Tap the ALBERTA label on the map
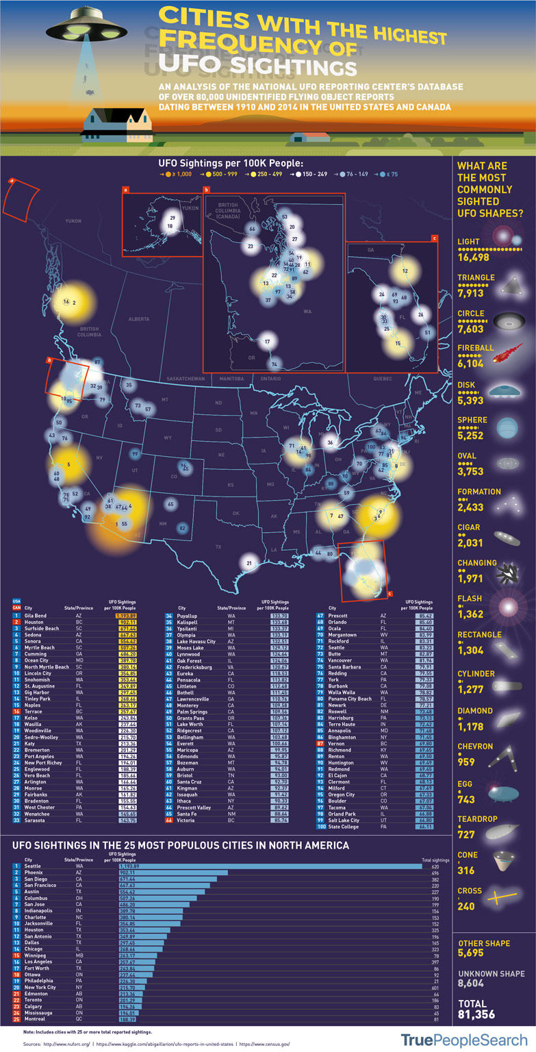coord(138,319)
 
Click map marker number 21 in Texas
coord(249,563)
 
